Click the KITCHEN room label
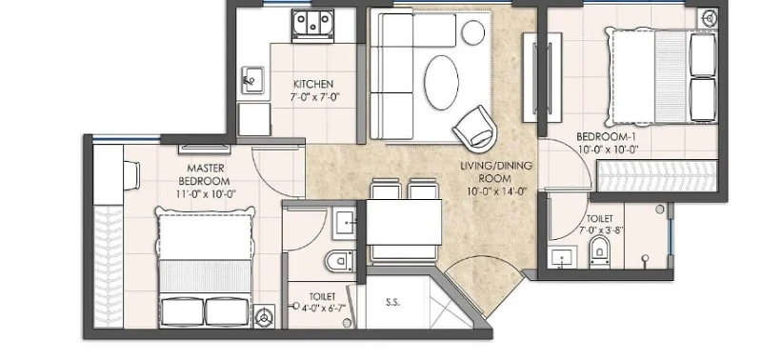click(313, 85)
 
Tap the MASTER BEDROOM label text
click(206, 175)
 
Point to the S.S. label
click(393, 302)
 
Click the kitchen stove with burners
click(313, 25)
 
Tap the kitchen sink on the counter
click(252, 80)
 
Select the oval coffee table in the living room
click(441, 82)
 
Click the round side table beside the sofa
click(472, 32)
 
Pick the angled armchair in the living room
click(475, 129)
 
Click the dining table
click(404, 222)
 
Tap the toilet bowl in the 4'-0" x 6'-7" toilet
click(340, 261)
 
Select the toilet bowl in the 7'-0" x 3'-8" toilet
click(600, 251)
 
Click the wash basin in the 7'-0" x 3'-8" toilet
click(562, 257)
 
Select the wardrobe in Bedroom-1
click(657, 175)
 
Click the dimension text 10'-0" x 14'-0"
click(496, 191)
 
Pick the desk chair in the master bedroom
click(131, 175)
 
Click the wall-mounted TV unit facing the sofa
click(542, 78)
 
